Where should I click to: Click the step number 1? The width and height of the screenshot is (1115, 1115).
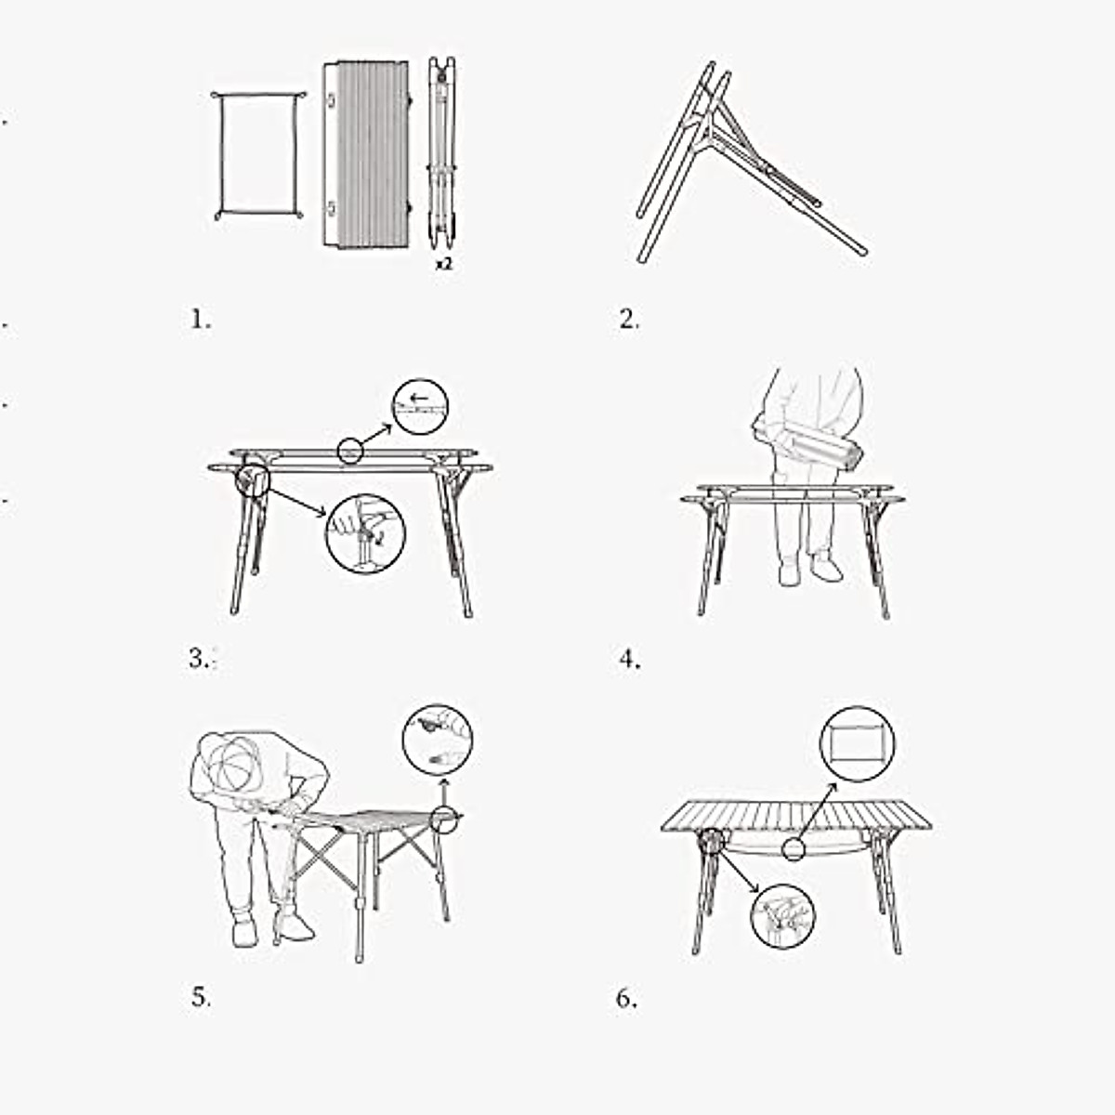click(x=200, y=320)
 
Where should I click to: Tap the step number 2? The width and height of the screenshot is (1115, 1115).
click(x=629, y=320)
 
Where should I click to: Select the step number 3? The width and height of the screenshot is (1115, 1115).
click(x=200, y=660)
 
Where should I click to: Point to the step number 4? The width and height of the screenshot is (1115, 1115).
click(x=629, y=660)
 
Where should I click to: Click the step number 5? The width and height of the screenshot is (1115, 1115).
click(x=200, y=999)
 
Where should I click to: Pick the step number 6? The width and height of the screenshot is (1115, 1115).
click(x=626, y=999)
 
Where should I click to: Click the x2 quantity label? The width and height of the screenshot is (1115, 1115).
click(x=444, y=265)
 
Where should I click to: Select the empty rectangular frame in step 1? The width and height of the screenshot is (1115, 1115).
click(x=258, y=154)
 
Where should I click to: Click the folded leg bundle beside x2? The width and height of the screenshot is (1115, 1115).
click(x=442, y=153)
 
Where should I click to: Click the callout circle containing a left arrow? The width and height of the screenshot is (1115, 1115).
click(x=420, y=407)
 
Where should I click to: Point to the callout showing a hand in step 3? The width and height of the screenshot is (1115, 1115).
click(x=365, y=532)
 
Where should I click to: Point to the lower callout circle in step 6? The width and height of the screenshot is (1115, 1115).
click(x=782, y=915)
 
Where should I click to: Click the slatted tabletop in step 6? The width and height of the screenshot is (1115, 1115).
click(x=797, y=816)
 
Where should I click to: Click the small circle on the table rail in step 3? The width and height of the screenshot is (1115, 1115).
click(x=348, y=452)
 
